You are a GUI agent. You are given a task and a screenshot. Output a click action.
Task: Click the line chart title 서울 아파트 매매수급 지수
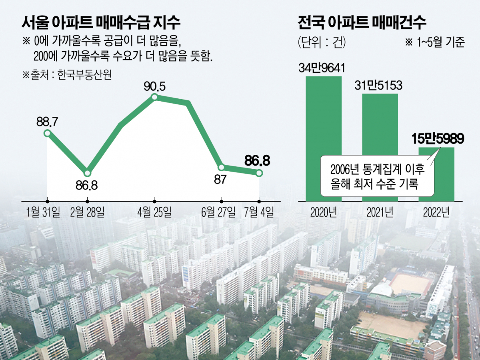click(101, 22)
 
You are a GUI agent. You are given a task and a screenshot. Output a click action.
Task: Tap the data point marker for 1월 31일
click(47, 133)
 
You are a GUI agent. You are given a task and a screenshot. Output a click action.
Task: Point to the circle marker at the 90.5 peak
click(155, 97)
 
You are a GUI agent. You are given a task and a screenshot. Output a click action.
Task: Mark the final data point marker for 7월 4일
click(259, 173)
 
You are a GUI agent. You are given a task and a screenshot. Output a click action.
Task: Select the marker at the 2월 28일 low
click(88, 173)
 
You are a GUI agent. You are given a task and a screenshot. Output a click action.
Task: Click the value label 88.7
click(47, 121)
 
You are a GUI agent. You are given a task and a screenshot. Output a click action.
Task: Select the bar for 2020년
click(324, 138)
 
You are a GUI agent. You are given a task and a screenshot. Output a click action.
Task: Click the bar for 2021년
click(380, 147)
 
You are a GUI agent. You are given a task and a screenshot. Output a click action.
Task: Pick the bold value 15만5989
click(438, 139)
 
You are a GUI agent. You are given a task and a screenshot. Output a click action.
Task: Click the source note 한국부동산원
click(67, 75)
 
